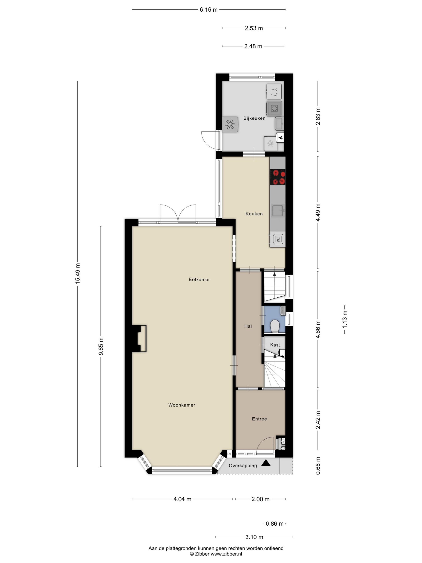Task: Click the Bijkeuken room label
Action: [254, 118]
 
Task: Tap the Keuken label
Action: [254, 214]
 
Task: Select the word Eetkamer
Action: [199, 280]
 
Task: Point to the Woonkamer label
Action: [182, 405]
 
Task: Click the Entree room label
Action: [259, 419]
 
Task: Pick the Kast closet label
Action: [275, 345]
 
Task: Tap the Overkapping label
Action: [243, 466]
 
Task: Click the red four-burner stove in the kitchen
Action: [277, 177]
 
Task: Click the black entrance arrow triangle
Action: [266, 463]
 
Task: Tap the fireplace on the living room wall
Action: [139, 338]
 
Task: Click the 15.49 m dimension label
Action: [78, 273]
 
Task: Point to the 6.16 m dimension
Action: [209, 10]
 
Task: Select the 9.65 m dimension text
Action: [101, 346]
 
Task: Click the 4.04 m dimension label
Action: [182, 499]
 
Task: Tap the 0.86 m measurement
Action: [274, 524]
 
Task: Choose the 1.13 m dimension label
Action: [345, 320]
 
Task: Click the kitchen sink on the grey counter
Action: [278, 210]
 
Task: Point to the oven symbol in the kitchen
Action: [278, 239]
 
